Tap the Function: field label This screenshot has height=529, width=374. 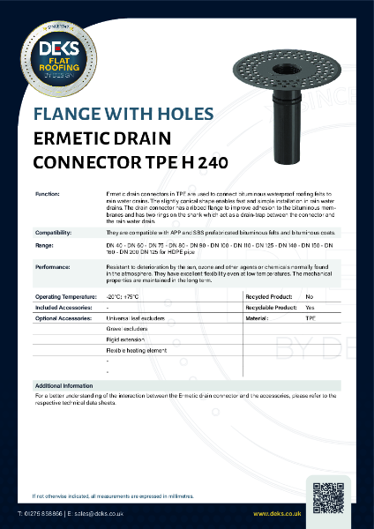47,192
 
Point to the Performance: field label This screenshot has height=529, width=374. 52,264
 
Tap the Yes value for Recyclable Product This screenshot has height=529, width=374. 309,307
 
